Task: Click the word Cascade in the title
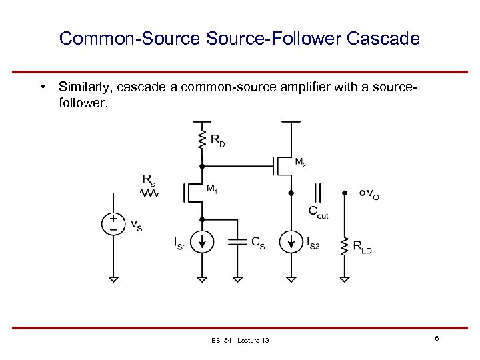pos(383,38)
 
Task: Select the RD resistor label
pos(218,140)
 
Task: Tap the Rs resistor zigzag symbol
pos(149,193)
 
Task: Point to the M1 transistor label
pos(212,189)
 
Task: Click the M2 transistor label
pos(301,162)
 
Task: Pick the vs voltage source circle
pos(113,223)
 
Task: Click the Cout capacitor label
pos(318,212)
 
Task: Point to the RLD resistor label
pos(363,247)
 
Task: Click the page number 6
pos(437,339)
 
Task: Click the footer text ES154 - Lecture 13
pos(239,341)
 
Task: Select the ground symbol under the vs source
pos(113,278)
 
